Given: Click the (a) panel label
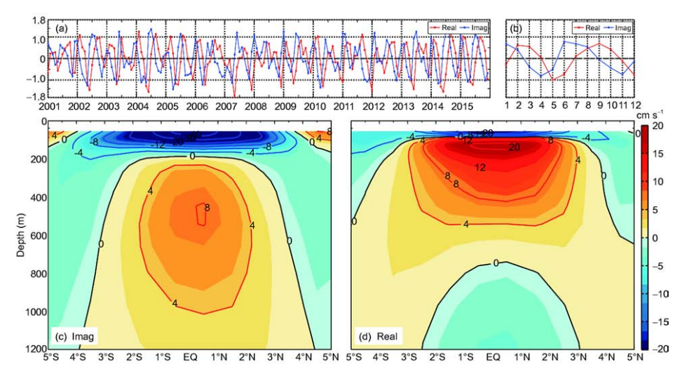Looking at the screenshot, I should pyautogui.click(x=62, y=29).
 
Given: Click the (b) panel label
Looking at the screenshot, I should pyautogui.click(x=515, y=29).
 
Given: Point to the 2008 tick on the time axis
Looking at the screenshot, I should pyautogui.click(x=254, y=106).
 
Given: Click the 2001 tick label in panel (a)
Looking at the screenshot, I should pyautogui.click(x=50, y=106).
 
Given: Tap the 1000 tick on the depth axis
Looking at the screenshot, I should pyautogui.click(x=33, y=311).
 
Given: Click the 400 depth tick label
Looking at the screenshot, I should pyautogui.click(x=35, y=197).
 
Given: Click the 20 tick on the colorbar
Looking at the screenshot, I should pyautogui.click(x=657, y=126).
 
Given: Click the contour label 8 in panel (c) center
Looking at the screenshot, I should pyautogui.click(x=206, y=208).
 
